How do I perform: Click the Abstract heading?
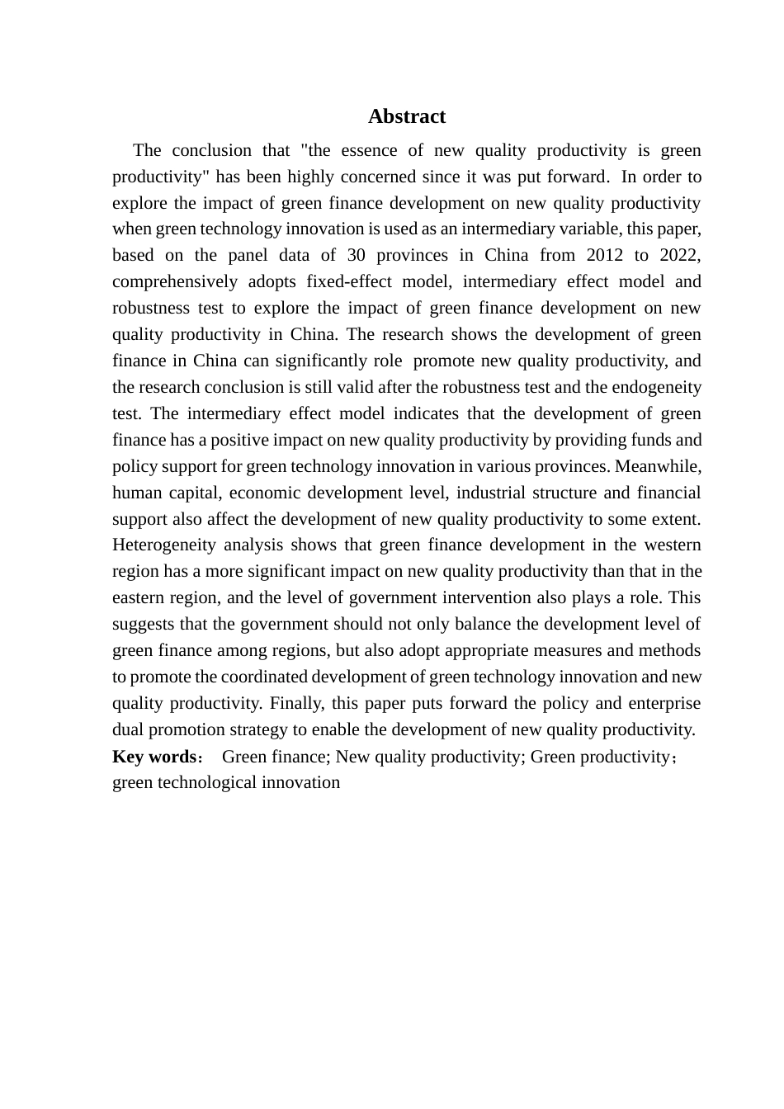[x=407, y=116]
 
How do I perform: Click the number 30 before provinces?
[x=356, y=255]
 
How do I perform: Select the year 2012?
[x=604, y=255]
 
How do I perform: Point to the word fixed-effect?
[x=342, y=281]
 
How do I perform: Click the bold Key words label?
[x=153, y=757]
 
